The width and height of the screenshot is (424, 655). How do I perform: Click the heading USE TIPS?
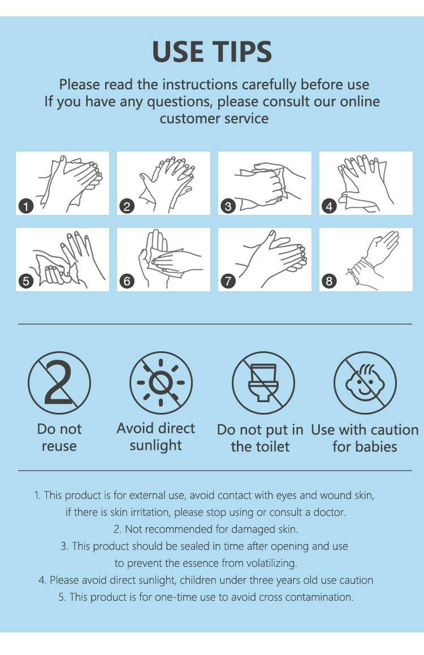212,52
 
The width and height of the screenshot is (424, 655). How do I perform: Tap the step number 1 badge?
27,206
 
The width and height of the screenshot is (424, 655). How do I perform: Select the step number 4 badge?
329,206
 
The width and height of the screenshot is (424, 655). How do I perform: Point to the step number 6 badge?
127,281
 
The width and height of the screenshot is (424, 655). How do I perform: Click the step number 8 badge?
329,281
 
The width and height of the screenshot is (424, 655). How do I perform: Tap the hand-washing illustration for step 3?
265,183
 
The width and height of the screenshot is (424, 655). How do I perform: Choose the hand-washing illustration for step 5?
63,260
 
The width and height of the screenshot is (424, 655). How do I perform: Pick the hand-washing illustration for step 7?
265,260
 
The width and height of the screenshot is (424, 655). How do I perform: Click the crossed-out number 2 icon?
59,382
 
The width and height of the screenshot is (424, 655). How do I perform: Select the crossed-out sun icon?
161,382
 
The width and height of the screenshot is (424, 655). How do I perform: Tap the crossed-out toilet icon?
263,382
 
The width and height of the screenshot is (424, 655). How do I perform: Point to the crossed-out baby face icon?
365,382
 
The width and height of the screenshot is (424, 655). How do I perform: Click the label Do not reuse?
59,437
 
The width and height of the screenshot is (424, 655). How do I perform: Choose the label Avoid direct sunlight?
155,437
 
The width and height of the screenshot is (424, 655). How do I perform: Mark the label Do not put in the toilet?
260,438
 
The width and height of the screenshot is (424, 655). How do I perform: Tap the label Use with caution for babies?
365,438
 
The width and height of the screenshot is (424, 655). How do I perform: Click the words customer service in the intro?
214,118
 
